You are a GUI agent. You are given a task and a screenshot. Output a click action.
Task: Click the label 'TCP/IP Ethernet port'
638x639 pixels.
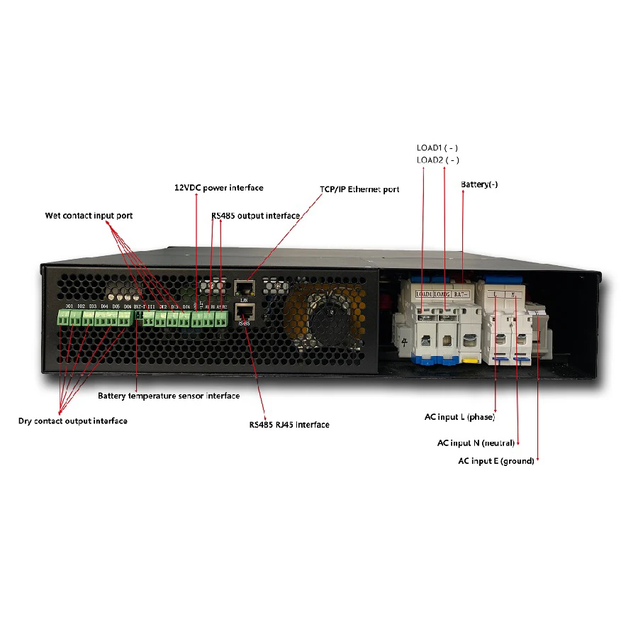[x=359, y=189]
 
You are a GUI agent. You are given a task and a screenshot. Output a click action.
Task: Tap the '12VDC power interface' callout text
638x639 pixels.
[x=218, y=188]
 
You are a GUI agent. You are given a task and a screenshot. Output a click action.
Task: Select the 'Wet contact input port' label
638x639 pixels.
[x=89, y=216]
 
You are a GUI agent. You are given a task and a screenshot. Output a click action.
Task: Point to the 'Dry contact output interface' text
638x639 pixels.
[x=72, y=421]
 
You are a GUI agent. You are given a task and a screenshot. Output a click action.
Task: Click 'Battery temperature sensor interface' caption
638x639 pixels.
[x=169, y=396]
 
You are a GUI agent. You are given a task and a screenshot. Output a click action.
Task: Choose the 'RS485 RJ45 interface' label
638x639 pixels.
[x=289, y=425]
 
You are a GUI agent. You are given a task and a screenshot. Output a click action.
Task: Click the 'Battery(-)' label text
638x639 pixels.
[x=479, y=184]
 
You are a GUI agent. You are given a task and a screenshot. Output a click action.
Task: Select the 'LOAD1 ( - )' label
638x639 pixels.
[x=437, y=148]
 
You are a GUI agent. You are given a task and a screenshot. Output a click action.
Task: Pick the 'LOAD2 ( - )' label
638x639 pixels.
[x=437, y=160]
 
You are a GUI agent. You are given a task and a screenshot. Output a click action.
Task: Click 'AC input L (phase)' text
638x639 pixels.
[x=459, y=416]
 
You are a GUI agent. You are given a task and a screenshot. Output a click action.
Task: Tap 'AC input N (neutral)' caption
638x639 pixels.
[x=478, y=443]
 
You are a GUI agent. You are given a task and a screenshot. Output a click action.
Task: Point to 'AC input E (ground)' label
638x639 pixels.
[x=496, y=461]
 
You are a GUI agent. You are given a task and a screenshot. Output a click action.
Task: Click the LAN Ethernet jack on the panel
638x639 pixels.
[x=244, y=287]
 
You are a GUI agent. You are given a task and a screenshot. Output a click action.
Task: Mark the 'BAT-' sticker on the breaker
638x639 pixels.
[x=463, y=293]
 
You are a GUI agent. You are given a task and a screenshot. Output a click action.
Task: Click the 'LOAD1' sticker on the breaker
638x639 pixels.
[x=424, y=293]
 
